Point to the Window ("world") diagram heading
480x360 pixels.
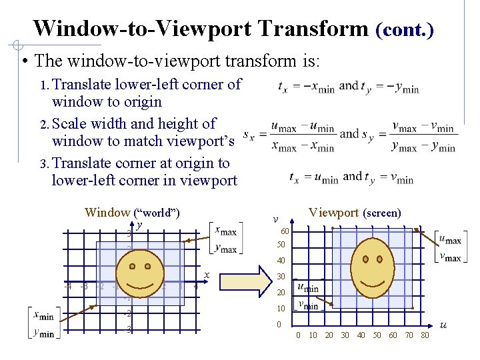132,213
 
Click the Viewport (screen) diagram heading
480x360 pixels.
355,213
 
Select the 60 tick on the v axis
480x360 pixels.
285,231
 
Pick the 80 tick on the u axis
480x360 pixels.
425,335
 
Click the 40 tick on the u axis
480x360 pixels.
361,335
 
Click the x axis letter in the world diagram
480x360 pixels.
207,275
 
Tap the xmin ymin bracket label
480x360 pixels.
42,324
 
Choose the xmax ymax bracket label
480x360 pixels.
225,239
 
